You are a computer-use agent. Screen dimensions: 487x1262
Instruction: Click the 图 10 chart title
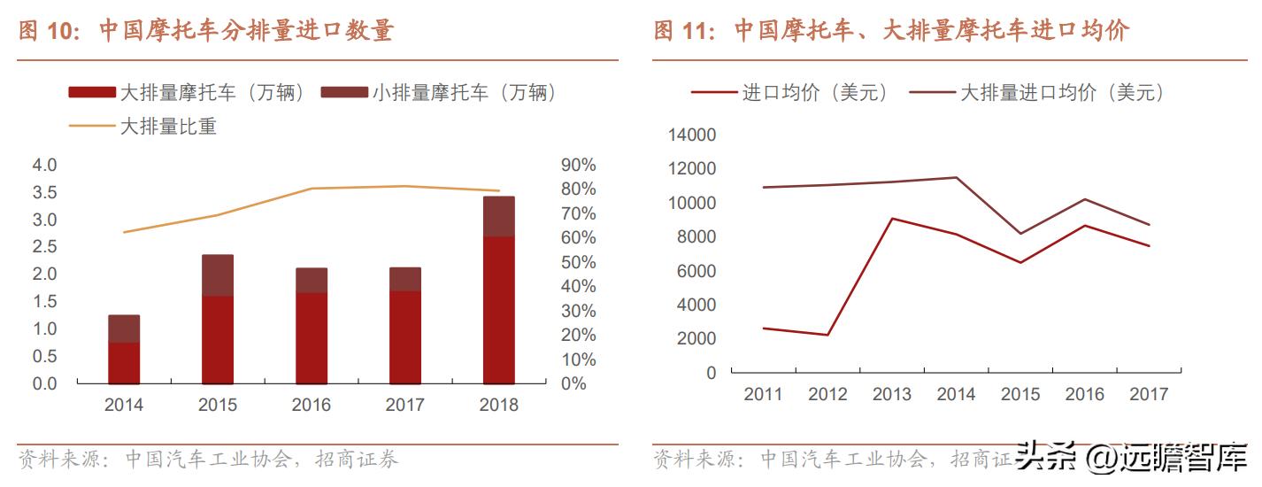click(205, 31)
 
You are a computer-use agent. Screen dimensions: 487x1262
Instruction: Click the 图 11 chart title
click(891, 31)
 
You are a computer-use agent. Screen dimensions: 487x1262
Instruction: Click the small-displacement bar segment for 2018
click(499, 217)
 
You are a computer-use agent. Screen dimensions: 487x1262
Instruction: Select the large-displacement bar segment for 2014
click(124, 363)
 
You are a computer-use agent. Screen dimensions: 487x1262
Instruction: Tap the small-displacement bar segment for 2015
click(218, 275)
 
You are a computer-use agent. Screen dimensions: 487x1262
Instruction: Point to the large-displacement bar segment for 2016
click(312, 338)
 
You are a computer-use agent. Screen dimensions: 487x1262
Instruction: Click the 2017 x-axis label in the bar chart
click(405, 405)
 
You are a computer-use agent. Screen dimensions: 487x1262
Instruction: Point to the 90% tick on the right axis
click(579, 165)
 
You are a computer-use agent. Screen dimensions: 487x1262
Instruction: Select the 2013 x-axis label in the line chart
click(892, 394)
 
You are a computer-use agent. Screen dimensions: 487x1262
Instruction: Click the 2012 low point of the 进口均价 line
click(827, 335)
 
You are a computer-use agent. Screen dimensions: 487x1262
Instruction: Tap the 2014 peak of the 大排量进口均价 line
click(957, 177)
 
